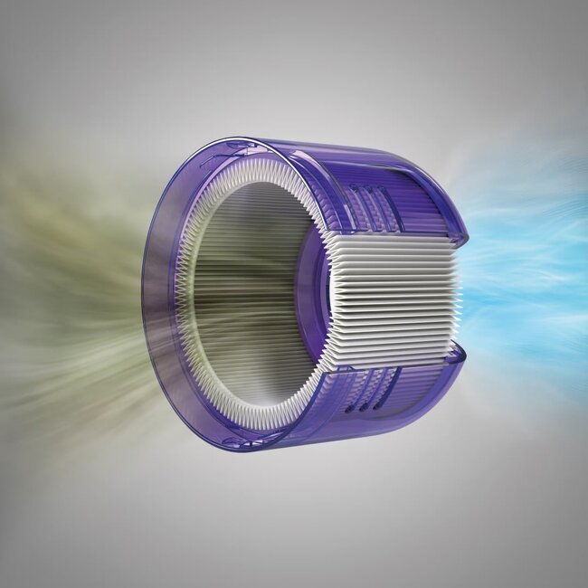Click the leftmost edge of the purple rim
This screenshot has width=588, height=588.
coord(145,299)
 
